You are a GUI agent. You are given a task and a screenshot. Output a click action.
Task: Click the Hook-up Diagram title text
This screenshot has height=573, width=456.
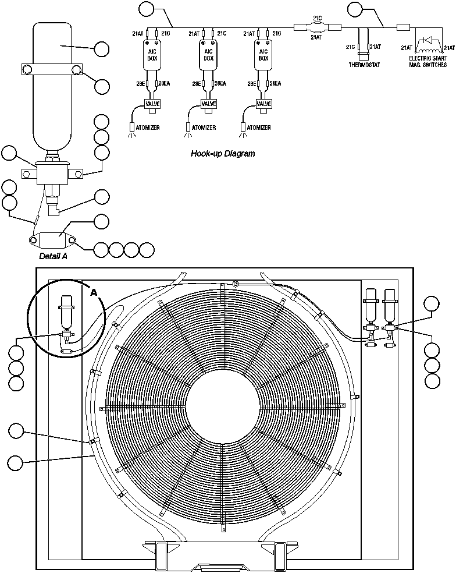pos(223,154)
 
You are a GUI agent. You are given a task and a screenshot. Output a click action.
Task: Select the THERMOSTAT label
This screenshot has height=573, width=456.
pos(364,64)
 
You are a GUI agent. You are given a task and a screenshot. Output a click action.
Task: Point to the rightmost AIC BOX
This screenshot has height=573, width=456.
pos(263,55)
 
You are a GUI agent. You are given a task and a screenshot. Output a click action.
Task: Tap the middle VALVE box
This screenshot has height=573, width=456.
pos(208,104)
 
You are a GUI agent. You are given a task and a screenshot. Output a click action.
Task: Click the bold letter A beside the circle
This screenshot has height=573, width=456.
pos(94,293)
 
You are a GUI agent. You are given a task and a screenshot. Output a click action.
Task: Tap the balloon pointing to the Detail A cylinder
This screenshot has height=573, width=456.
pos(102,49)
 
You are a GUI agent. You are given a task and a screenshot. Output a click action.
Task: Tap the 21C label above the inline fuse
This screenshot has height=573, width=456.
pos(318,18)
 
